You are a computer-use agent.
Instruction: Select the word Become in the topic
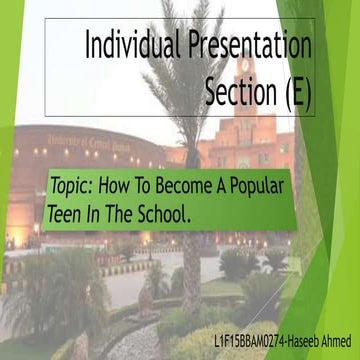pos(192,187)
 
